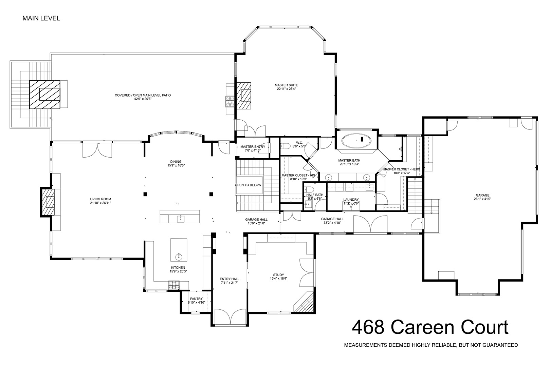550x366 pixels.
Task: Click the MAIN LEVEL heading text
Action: coord(41,18)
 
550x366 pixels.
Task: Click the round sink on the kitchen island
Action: coord(179,257)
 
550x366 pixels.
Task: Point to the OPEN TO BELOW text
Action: coord(248,185)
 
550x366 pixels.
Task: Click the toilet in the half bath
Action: coord(309,189)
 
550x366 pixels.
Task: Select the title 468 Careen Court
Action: coord(430,327)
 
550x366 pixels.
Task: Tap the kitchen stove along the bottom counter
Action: coord(174,285)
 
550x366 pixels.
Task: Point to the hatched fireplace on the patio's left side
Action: coord(45,94)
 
